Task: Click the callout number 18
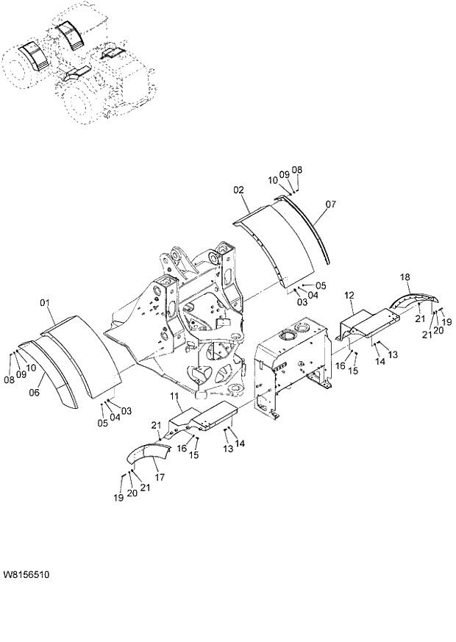tap(405, 277)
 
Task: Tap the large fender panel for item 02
tap(276, 239)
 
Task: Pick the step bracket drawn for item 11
tap(202, 420)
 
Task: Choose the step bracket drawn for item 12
tap(368, 321)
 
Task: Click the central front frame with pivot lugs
tap(184, 316)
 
